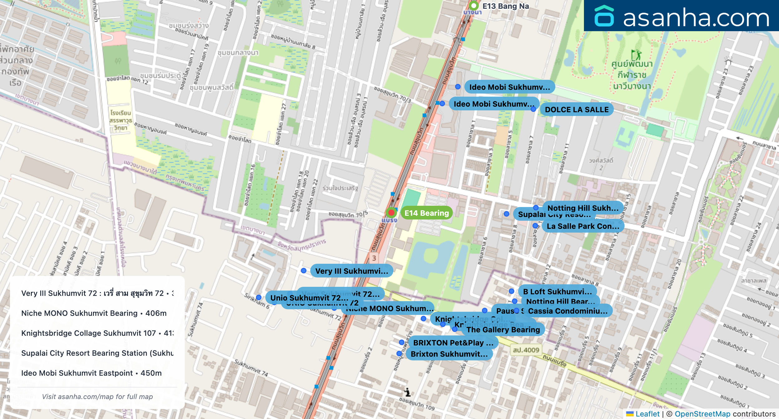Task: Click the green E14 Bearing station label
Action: pyautogui.click(x=426, y=213)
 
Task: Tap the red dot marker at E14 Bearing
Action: pyautogui.click(x=391, y=213)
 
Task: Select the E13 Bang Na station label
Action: pyautogui.click(x=505, y=6)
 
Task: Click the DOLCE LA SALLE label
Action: pyautogui.click(x=576, y=110)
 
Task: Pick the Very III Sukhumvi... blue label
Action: pyautogui.click(x=351, y=271)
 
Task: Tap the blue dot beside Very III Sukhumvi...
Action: pyautogui.click(x=303, y=271)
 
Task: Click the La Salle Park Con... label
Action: pyautogui.click(x=583, y=226)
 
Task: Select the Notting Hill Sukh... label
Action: pyautogui.click(x=583, y=208)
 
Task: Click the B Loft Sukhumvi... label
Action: pyautogui.click(x=557, y=291)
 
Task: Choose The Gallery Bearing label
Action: pyautogui.click(x=503, y=330)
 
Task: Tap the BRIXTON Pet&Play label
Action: pyautogui.click(x=453, y=343)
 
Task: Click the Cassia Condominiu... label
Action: pyautogui.click(x=567, y=311)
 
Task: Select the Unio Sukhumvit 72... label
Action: pyautogui.click(x=309, y=298)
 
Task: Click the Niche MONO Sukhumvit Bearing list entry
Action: pyautogui.click(x=94, y=313)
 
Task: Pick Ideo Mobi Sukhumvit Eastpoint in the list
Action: pyautogui.click(x=91, y=373)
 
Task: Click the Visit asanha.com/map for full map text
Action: pyautogui.click(x=97, y=397)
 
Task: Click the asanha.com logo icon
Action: pyautogui.click(x=604, y=16)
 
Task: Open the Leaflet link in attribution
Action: pyautogui.click(x=647, y=414)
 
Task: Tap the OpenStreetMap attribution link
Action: pyautogui.click(x=702, y=414)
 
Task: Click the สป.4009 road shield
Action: pyautogui.click(x=526, y=350)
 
